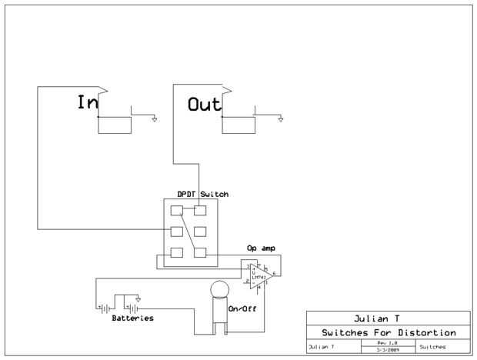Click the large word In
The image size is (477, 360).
[88, 103]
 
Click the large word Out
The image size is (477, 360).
[204, 104]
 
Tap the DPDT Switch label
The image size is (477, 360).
[197, 194]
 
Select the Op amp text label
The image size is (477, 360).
[261, 249]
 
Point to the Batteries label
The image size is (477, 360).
[132, 318]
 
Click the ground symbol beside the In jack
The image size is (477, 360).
[155, 118]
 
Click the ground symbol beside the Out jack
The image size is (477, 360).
[281, 118]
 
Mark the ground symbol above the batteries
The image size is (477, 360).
[138, 298]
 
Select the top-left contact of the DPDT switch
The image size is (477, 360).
[176, 211]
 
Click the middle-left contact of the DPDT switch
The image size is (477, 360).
[176, 231]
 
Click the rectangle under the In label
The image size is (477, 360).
[114, 124]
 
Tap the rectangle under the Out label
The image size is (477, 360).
[239, 124]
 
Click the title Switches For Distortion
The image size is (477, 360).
[388, 332]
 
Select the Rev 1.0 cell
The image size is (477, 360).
[387, 343]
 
